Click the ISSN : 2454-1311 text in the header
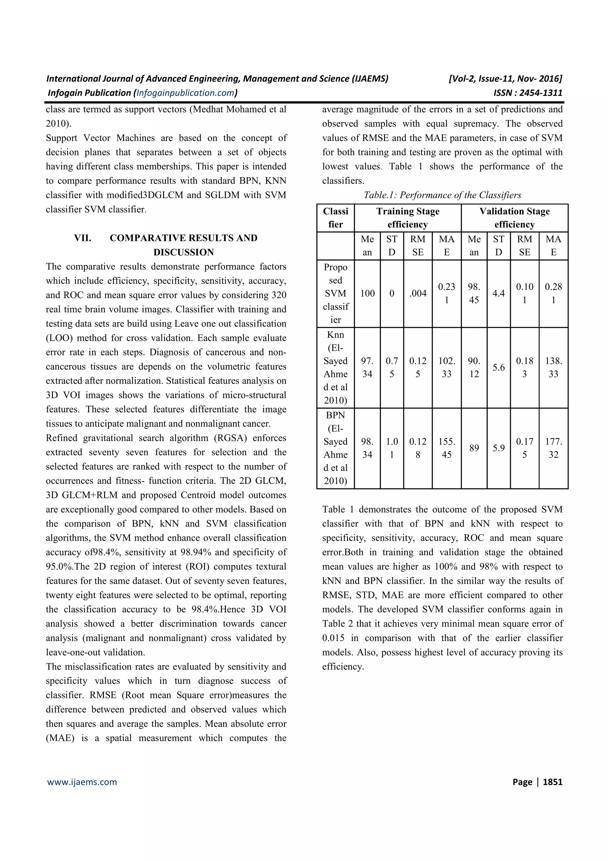coord(528,93)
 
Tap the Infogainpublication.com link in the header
coord(186,93)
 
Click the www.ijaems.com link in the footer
coord(82,782)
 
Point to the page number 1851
coord(552,782)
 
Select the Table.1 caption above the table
coord(442,195)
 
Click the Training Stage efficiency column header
coord(408,218)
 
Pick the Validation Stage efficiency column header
coord(514,218)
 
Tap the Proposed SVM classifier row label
coord(335,293)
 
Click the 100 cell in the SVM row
coord(367,293)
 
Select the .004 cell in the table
coord(418,293)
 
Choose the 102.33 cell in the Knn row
coord(446,367)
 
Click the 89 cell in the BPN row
coord(474,448)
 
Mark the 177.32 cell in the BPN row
coord(553,448)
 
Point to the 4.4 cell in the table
coord(498,293)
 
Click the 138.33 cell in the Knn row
coord(553,367)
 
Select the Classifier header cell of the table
coord(335,218)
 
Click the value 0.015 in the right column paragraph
coord(333,638)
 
